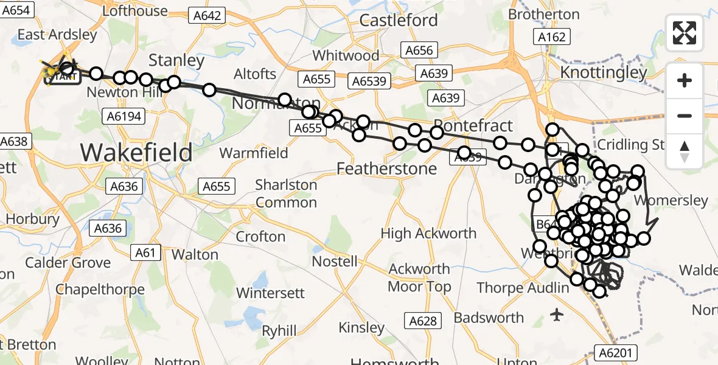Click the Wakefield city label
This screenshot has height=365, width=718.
[136, 151]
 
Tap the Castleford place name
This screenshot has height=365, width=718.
[399, 20]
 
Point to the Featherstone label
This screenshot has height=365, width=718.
[387, 168]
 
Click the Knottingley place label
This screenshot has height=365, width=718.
[604, 73]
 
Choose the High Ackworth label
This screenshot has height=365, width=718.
[428, 233]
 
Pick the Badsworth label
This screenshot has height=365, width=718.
[489, 318]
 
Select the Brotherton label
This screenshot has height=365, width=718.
[543, 13]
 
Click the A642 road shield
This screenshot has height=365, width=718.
[206, 16]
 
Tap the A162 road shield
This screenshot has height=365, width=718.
[552, 37]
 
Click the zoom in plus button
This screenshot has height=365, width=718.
[685, 80]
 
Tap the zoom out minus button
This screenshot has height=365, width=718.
[685, 116]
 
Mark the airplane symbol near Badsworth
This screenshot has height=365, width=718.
[556, 315]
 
